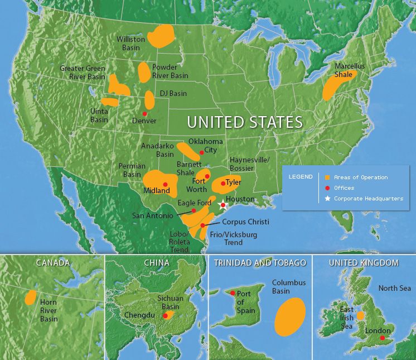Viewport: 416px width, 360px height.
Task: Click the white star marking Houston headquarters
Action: tap(222, 204)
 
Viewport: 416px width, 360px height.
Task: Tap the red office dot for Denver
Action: tap(145, 113)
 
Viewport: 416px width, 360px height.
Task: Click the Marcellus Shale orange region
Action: tap(338, 84)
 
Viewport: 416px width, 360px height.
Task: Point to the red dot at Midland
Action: tap(165, 184)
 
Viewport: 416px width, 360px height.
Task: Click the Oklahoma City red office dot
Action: tap(202, 152)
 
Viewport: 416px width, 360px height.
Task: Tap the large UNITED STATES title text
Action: tap(244, 122)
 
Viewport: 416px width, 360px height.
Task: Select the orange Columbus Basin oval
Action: tap(290, 316)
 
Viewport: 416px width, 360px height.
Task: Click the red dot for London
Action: tap(382, 338)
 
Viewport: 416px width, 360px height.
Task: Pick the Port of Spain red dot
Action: tap(233, 292)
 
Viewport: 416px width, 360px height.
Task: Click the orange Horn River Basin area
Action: tap(30, 297)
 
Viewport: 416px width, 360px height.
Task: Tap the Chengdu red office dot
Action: tap(165, 316)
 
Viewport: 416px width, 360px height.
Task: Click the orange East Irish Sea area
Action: tap(360, 315)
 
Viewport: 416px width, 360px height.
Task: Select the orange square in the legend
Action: tap(328, 177)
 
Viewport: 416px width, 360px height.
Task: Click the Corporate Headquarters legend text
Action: tap(368, 198)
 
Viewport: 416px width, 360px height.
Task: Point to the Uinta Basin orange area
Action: tap(110, 102)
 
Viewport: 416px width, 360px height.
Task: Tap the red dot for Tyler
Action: tap(223, 183)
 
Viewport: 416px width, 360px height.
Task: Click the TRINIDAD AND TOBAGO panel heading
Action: tap(260, 262)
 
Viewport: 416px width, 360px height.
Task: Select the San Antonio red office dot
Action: tap(194, 210)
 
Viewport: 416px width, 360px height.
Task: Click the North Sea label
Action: tap(394, 288)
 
